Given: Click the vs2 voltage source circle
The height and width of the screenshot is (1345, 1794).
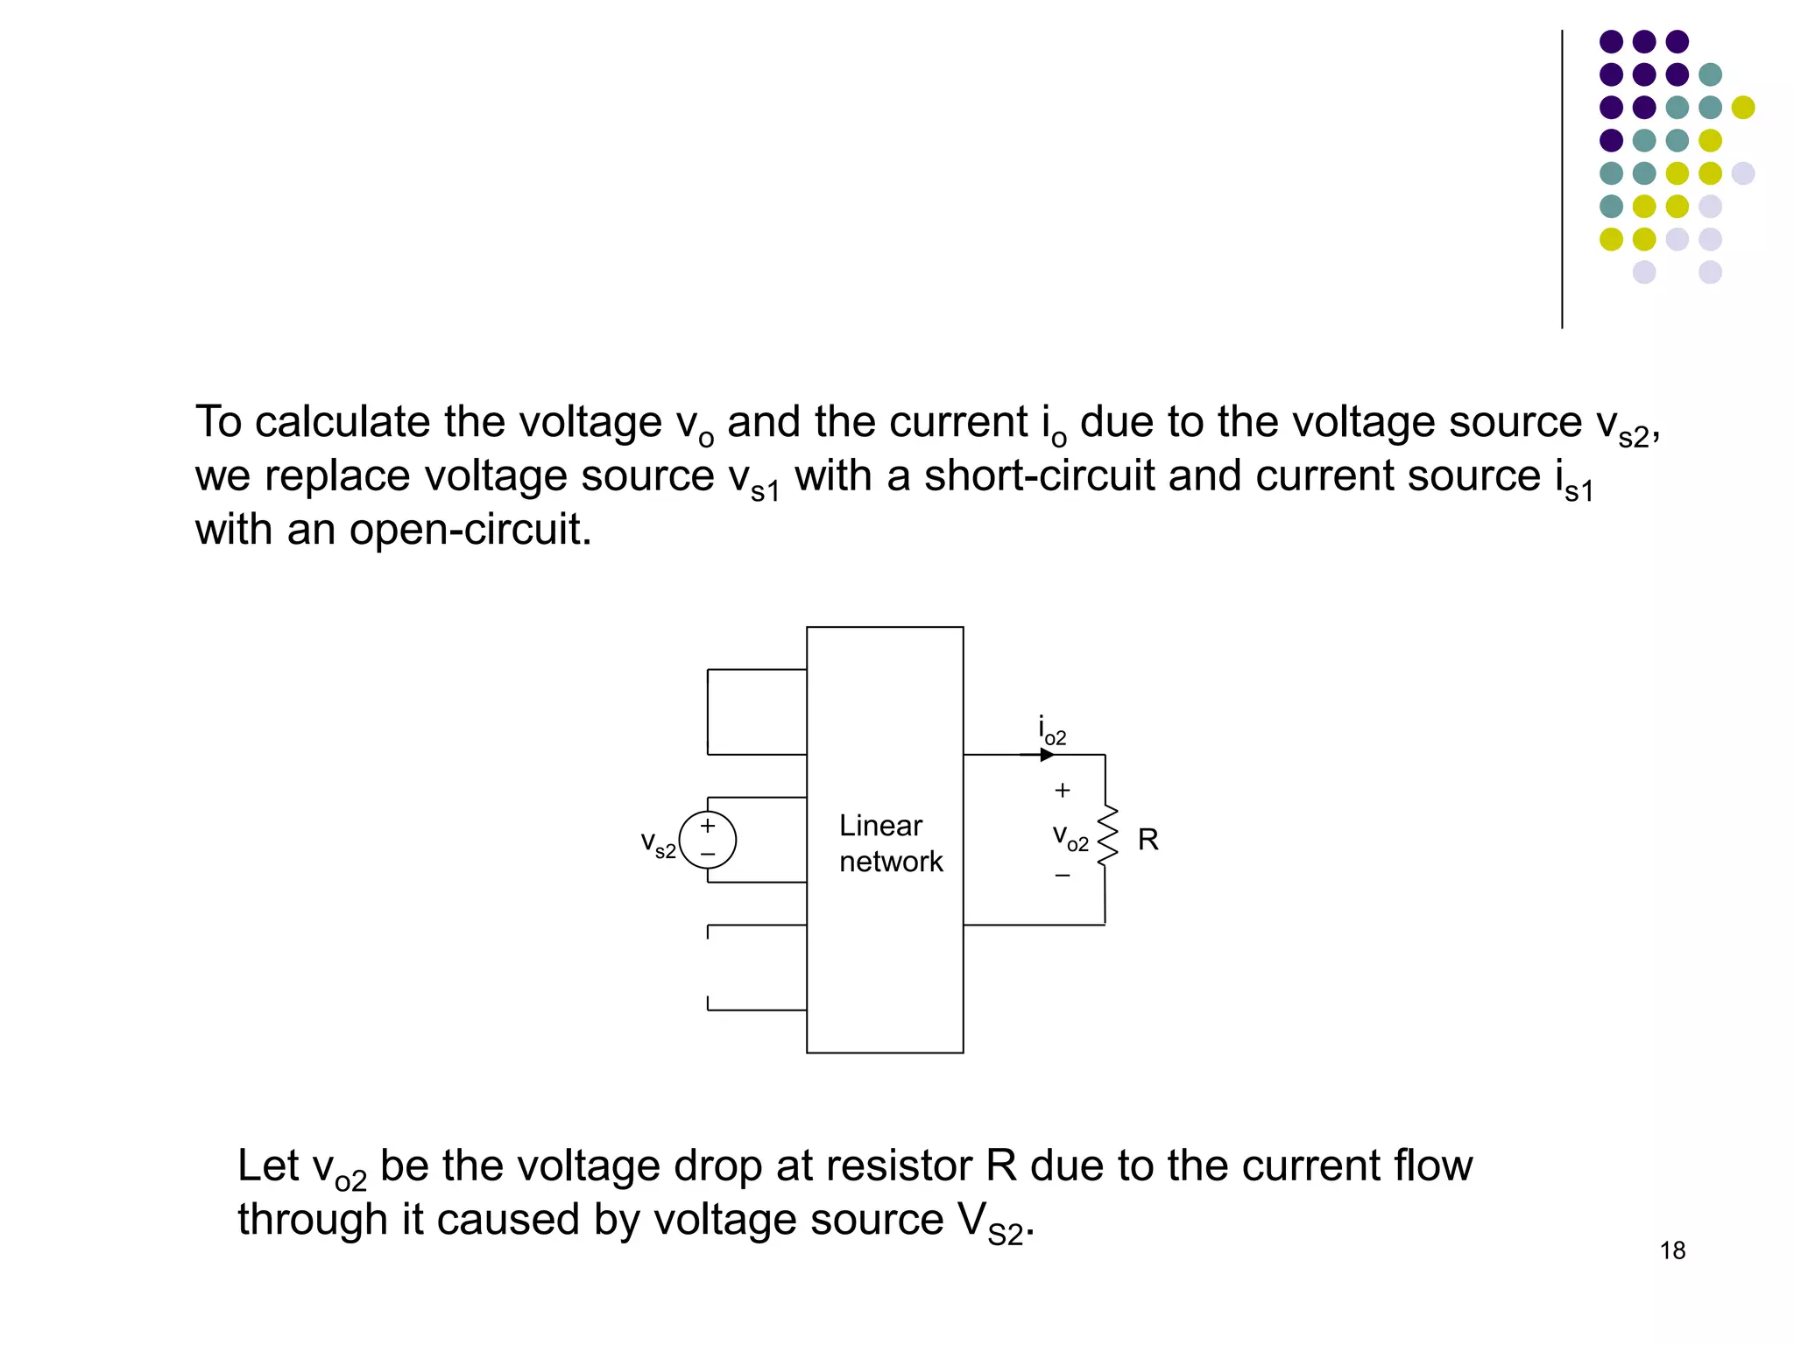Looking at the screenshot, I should [708, 840].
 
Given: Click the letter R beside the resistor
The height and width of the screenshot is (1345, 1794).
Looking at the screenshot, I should [1148, 840].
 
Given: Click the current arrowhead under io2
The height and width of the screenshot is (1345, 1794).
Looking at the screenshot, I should [1047, 755].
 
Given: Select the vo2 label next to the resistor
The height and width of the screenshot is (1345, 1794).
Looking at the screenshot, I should [1070, 838].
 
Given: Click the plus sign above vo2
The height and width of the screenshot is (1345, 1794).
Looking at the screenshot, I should [1063, 791].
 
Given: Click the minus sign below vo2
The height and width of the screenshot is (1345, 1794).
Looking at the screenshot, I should [1063, 876].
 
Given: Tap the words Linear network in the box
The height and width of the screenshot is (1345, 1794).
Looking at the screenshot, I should [890, 843].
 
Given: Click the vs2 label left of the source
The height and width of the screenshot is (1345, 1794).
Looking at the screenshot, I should [658, 844].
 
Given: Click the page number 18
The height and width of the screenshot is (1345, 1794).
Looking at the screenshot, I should [1672, 1250].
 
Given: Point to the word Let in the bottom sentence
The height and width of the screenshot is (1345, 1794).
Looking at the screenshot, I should [267, 1166].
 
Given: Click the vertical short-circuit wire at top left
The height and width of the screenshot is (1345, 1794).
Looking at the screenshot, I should [708, 711].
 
